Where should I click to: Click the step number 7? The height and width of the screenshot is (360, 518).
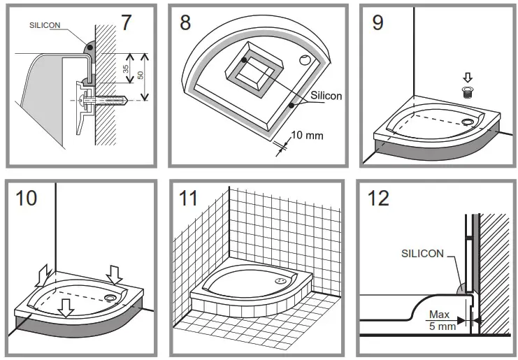(125, 22)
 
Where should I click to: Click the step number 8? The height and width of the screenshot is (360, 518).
(185, 22)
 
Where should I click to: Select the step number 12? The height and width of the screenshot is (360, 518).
(378, 198)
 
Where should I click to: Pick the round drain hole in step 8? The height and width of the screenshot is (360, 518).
(306, 61)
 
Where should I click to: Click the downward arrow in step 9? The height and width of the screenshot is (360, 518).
(467, 78)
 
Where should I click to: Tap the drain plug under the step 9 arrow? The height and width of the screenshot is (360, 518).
(467, 91)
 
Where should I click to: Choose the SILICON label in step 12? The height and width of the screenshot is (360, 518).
(422, 254)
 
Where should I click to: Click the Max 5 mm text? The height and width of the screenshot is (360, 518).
(439, 320)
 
